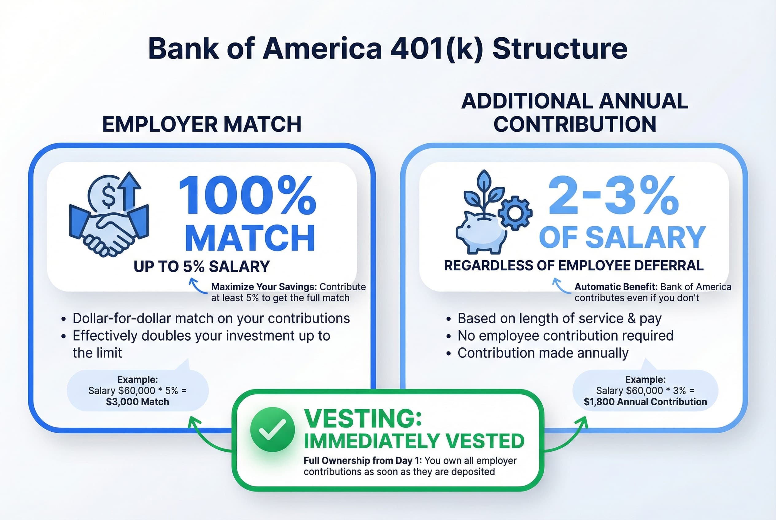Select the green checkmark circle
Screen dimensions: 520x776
coord(272,430)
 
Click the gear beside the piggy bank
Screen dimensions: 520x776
coord(515,213)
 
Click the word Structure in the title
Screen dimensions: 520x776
coord(560,49)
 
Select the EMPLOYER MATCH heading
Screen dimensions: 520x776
coord(202,124)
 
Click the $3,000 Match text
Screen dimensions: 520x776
coord(138,402)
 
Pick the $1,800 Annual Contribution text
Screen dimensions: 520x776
coord(645,402)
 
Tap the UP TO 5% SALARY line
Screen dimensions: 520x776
coord(202,267)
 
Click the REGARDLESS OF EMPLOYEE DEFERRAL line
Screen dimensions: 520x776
coord(574,266)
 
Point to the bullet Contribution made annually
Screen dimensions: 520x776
coord(543,353)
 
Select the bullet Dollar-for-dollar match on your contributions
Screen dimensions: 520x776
coord(211,318)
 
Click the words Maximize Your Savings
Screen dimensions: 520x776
coord(264,287)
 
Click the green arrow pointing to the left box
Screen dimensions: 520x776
coord(199,431)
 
